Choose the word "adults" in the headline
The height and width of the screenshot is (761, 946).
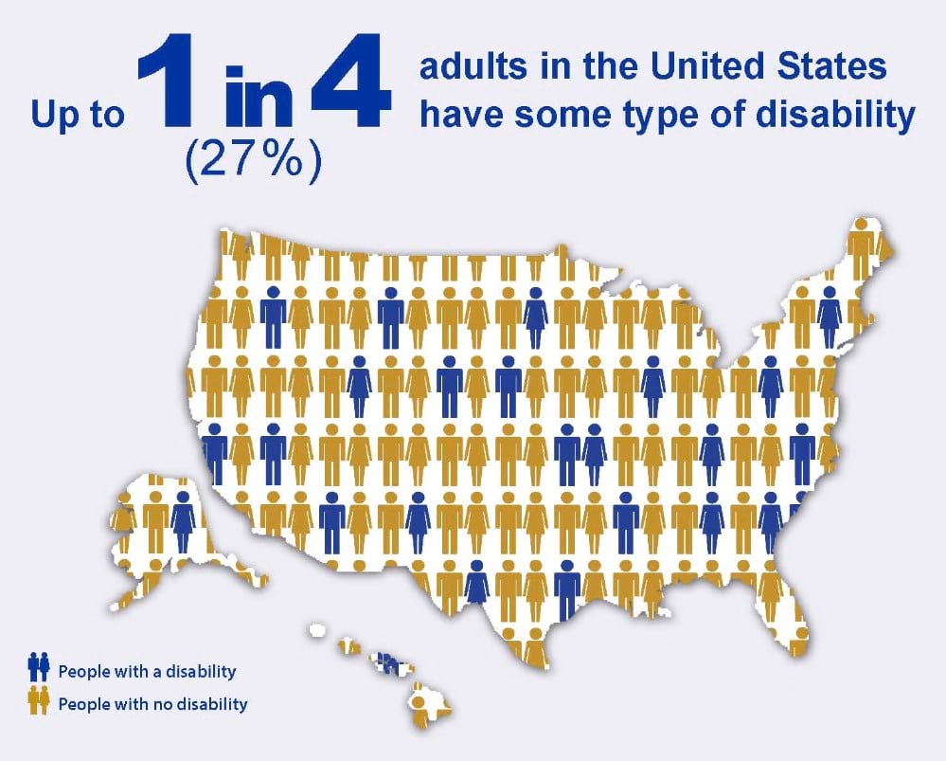(x=470, y=69)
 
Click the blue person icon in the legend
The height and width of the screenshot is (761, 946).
(x=39, y=670)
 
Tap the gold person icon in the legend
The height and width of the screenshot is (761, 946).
(x=39, y=702)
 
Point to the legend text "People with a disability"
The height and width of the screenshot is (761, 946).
(x=147, y=671)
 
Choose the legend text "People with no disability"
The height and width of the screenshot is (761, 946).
(x=152, y=704)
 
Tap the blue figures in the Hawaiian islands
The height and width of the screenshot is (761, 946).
(x=386, y=661)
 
